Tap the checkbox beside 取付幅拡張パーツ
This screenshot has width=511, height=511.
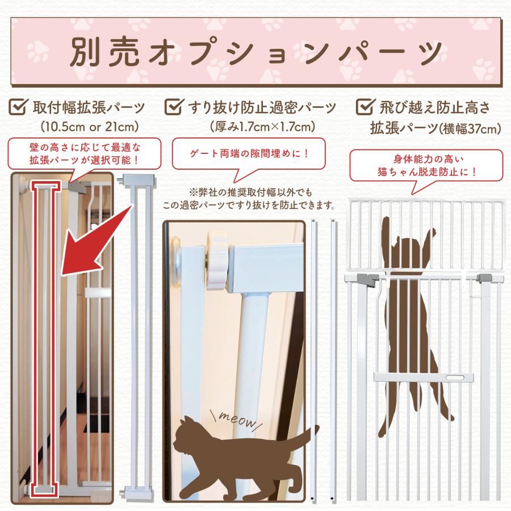coord(19,106)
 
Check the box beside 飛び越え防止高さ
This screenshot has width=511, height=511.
coord(362,106)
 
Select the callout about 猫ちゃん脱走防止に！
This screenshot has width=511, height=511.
coord(425,164)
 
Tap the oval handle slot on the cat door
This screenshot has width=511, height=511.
coord(455,377)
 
